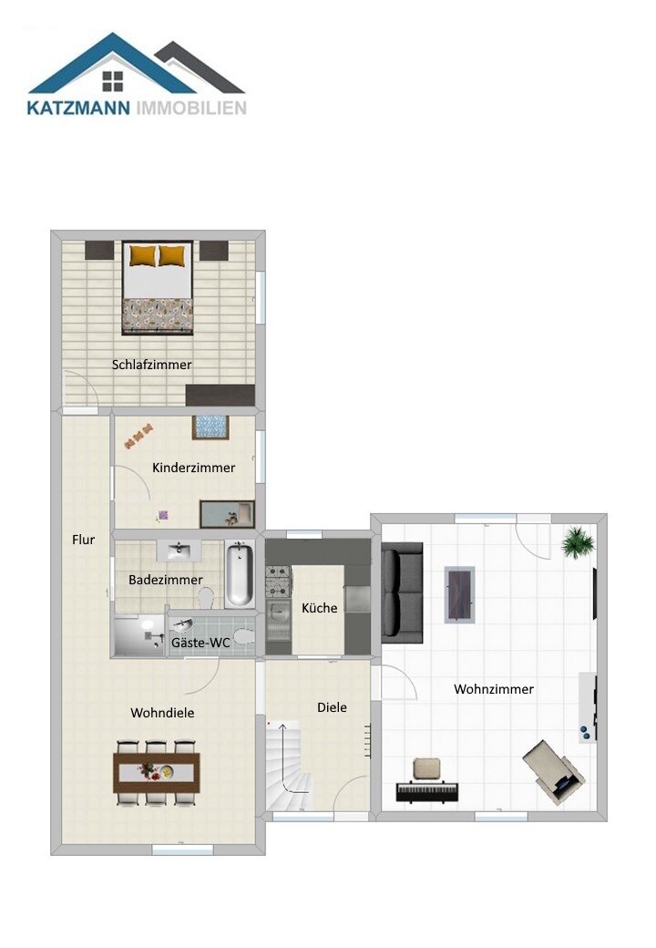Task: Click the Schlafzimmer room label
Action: [x=151, y=365]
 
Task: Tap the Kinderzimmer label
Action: [x=193, y=468]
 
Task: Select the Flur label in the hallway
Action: [x=83, y=540]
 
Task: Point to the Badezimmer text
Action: [x=166, y=580]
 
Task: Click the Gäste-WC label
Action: [x=200, y=643]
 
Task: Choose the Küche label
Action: [x=320, y=608]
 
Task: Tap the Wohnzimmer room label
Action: [x=494, y=688]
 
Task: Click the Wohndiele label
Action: [x=162, y=713]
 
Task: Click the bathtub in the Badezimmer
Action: [x=240, y=573]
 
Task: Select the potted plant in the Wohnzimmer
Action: [x=578, y=541]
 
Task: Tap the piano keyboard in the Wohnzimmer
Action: [x=427, y=791]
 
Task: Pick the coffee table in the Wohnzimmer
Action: [x=460, y=594]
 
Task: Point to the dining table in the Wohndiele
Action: [x=157, y=772]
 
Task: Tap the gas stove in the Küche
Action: [x=279, y=581]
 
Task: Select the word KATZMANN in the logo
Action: [x=78, y=108]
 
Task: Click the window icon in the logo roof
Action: [x=112, y=81]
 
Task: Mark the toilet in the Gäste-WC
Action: [x=243, y=636]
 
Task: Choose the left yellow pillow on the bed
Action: [x=142, y=255]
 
